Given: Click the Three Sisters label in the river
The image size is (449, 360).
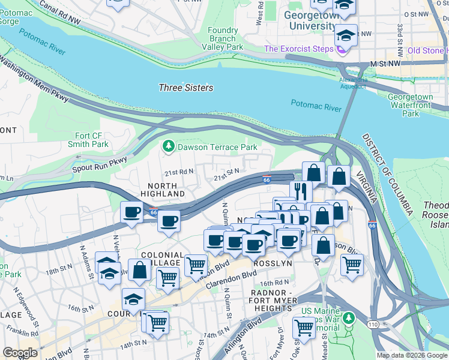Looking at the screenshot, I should (x=185, y=88).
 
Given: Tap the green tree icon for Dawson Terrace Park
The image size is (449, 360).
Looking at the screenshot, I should (x=169, y=146).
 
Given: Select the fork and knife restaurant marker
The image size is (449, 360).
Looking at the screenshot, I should (x=301, y=191).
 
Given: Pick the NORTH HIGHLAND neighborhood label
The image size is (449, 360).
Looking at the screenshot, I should (x=163, y=190).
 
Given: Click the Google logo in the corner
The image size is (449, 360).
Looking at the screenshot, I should (x=20, y=352).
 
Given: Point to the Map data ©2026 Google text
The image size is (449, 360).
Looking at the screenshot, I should (x=412, y=355).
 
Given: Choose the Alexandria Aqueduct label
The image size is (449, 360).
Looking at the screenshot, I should (x=353, y=83).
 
